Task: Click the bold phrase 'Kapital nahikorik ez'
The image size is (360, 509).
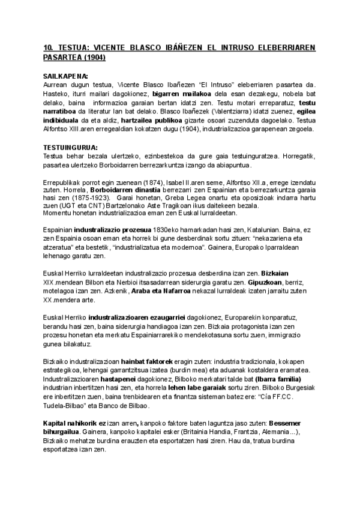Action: click(76, 424)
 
